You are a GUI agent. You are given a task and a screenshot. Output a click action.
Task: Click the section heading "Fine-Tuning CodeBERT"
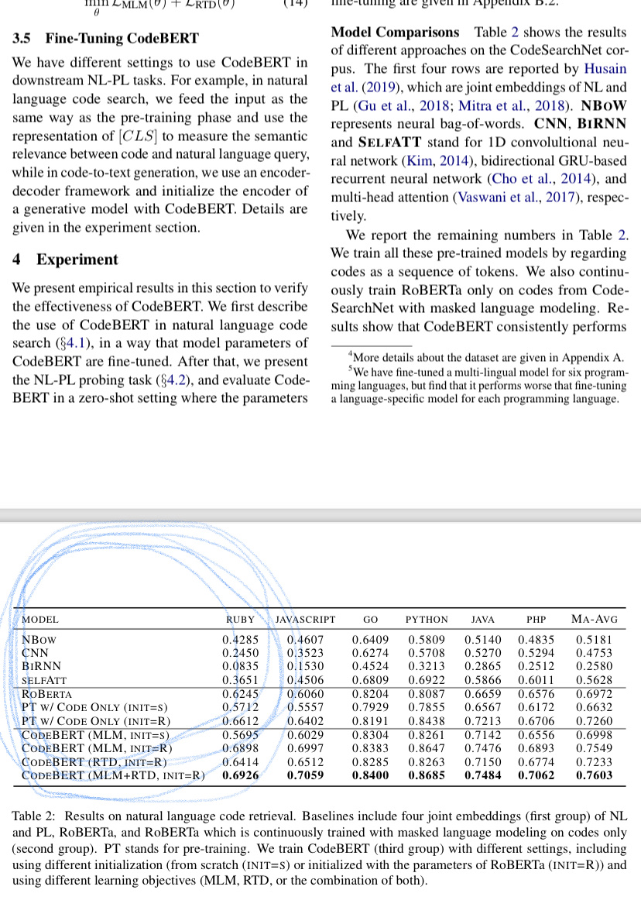pyautogui.click(x=122, y=38)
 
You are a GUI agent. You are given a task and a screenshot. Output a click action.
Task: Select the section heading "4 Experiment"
pyautogui.click(x=66, y=259)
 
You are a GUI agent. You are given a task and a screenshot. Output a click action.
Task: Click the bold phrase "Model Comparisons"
pyautogui.click(x=395, y=33)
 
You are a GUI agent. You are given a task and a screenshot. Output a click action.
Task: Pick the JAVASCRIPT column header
pyautogui.click(x=306, y=620)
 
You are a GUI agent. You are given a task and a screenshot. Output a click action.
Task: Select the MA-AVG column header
pyautogui.click(x=594, y=620)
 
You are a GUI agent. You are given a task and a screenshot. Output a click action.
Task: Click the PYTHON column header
pyautogui.click(x=427, y=620)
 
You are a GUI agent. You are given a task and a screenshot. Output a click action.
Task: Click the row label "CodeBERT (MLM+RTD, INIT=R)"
pyautogui.click(x=113, y=775)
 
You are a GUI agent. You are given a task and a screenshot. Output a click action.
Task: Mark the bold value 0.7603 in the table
pyautogui.click(x=594, y=775)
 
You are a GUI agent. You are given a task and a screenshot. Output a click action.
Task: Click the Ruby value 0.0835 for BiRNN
pyautogui.click(x=240, y=665)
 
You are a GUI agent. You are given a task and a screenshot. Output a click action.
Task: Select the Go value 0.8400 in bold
pyautogui.click(x=370, y=775)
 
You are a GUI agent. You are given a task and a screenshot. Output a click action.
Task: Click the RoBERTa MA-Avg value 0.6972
pyautogui.click(x=594, y=694)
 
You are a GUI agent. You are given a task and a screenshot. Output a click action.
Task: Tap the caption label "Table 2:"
pyautogui.click(x=36, y=816)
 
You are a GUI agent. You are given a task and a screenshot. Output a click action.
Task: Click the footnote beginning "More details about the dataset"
pyautogui.click(x=488, y=358)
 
